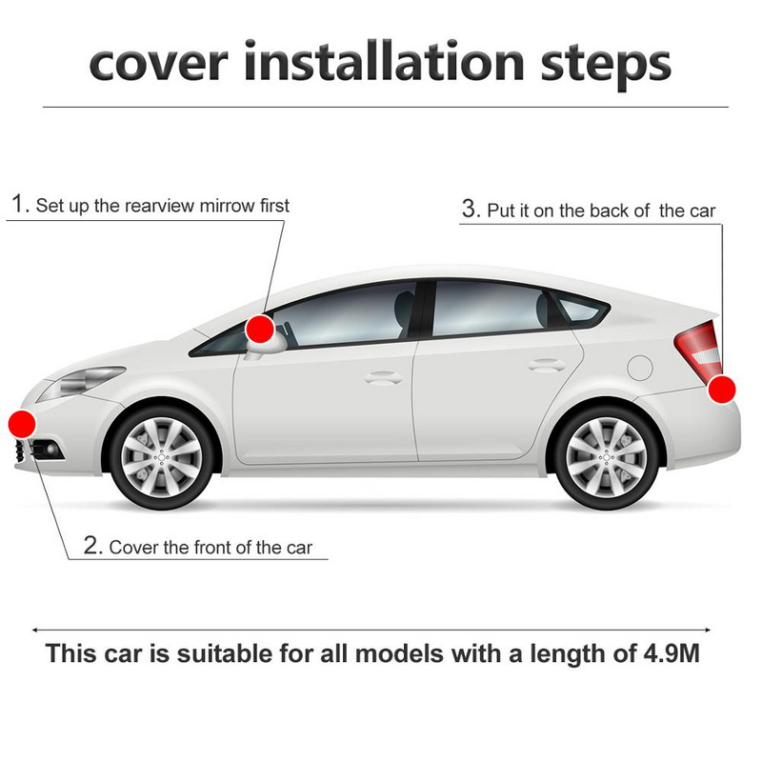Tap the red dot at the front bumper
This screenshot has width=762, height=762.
(x=22, y=424)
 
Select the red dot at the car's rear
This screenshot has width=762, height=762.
(x=722, y=390)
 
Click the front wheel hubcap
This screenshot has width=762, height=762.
(x=161, y=457)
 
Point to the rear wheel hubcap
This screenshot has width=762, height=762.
(x=606, y=457)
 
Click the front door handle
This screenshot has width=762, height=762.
(x=383, y=377)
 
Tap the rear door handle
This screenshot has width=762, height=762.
(x=546, y=365)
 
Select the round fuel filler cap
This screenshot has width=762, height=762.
(x=639, y=368)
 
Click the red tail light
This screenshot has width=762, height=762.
(x=698, y=351)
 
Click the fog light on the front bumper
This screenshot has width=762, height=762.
(x=50, y=450)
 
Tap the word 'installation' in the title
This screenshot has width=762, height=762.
(x=384, y=62)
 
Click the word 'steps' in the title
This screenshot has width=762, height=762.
(x=606, y=65)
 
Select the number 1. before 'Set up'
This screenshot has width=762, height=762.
(x=21, y=203)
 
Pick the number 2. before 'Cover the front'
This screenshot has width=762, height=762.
(x=93, y=545)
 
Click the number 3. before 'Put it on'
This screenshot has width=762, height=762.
(x=471, y=209)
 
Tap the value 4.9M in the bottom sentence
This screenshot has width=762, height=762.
(x=672, y=653)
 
